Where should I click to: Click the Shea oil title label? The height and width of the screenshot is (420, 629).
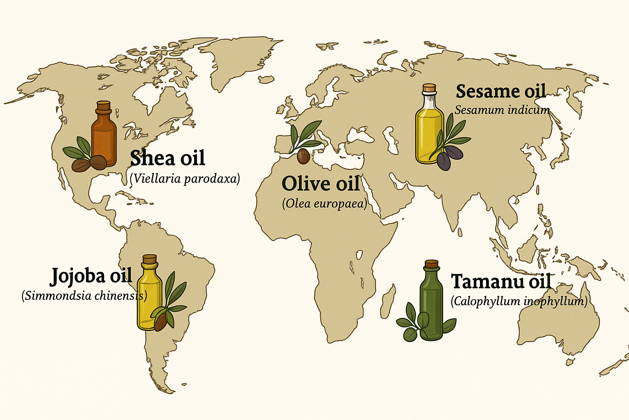[x=167, y=158]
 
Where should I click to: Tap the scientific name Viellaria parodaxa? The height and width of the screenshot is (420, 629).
[x=185, y=179]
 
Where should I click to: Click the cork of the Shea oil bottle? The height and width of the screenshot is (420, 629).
[x=103, y=106]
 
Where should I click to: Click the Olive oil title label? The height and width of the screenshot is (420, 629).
[x=321, y=184]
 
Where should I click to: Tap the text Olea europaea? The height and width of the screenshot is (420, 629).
[x=324, y=203]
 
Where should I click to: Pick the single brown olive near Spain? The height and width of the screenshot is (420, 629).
[x=303, y=156]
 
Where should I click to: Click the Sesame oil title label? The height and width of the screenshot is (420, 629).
[x=500, y=91]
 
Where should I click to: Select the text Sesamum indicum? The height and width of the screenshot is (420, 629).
[x=502, y=110]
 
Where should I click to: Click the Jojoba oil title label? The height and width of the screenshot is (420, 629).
[x=91, y=276]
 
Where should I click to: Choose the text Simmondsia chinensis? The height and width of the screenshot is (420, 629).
[x=84, y=296]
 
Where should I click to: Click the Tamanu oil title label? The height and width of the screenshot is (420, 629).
[x=501, y=282]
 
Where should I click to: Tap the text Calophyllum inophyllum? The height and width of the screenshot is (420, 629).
[x=519, y=301]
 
